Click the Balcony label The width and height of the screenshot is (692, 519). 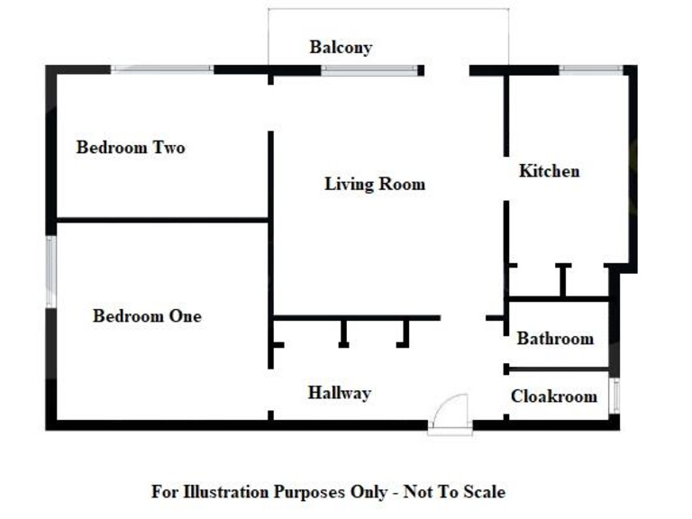click(341, 47)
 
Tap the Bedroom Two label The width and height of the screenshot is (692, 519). click(131, 147)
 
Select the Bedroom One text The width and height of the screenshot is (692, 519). click(147, 316)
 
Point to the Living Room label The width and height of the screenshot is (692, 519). click(375, 185)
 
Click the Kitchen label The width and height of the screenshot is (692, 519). click(549, 170)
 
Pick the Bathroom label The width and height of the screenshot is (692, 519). click(555, 339)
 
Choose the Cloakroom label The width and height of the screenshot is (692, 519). click(554, 396)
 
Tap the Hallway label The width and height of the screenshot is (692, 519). click(339, 393)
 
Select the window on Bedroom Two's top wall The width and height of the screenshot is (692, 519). click(162, 68)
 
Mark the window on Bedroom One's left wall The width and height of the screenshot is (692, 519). click(51, 271)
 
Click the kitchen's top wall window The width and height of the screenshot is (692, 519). click(591, 68)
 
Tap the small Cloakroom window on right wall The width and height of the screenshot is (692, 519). click(615, 396)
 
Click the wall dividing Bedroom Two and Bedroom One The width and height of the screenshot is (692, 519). click(162, 219)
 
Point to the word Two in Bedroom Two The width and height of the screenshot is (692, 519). click(168, 147)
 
